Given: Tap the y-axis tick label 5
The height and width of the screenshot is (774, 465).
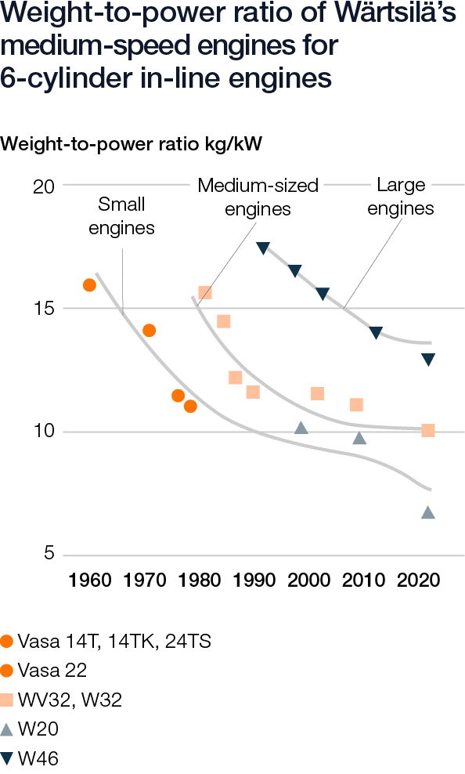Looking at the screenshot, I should click(48, 554).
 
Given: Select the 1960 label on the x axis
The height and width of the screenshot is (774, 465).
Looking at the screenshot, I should click(90, 580).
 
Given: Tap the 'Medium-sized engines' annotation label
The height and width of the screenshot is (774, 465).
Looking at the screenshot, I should click(258, 197).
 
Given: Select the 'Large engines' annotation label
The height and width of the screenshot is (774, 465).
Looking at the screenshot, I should click(401, 197).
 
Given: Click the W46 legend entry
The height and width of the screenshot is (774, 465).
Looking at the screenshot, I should click(31, 758).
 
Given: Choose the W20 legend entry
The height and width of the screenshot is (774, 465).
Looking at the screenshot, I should click(31, 729).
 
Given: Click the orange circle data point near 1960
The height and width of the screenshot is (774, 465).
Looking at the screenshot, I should click(89, 285).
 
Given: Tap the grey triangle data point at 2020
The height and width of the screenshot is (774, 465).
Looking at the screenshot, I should click(428, 513).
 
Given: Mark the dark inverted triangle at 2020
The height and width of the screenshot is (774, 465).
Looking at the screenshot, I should click(428, 360).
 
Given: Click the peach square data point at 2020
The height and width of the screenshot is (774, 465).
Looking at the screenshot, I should click(428, 430).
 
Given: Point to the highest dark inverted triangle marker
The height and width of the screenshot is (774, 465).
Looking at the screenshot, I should click(263, 248).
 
